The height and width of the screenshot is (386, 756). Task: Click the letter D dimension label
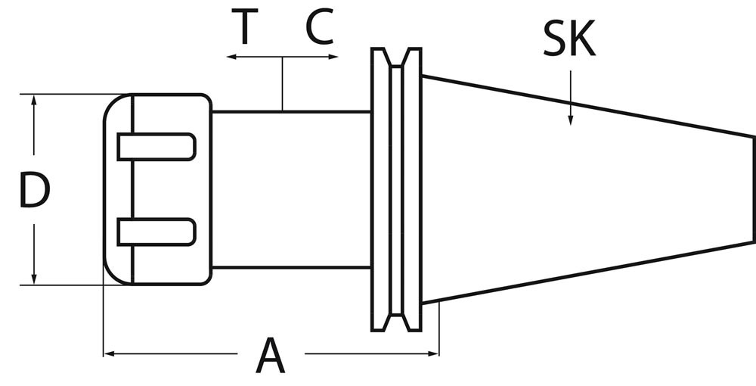click(34, 191)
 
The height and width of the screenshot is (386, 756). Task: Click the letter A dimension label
click(271, 356)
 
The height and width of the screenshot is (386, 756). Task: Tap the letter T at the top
click(243, 28)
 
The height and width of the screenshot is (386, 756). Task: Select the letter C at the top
click(320, 28)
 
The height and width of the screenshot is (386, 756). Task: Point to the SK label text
click(569, 40)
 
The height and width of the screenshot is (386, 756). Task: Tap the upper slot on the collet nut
click(156, 146)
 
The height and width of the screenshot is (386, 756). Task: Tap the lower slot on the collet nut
click(156, 232)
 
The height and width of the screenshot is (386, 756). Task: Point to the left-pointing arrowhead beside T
click(231, 58)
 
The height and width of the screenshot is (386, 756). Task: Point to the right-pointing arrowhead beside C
click(332, 58)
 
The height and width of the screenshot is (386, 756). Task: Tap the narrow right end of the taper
click(751, 189)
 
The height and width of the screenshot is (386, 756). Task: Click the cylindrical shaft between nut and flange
click(291, 189)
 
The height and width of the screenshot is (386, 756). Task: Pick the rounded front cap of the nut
click(117, 189)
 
